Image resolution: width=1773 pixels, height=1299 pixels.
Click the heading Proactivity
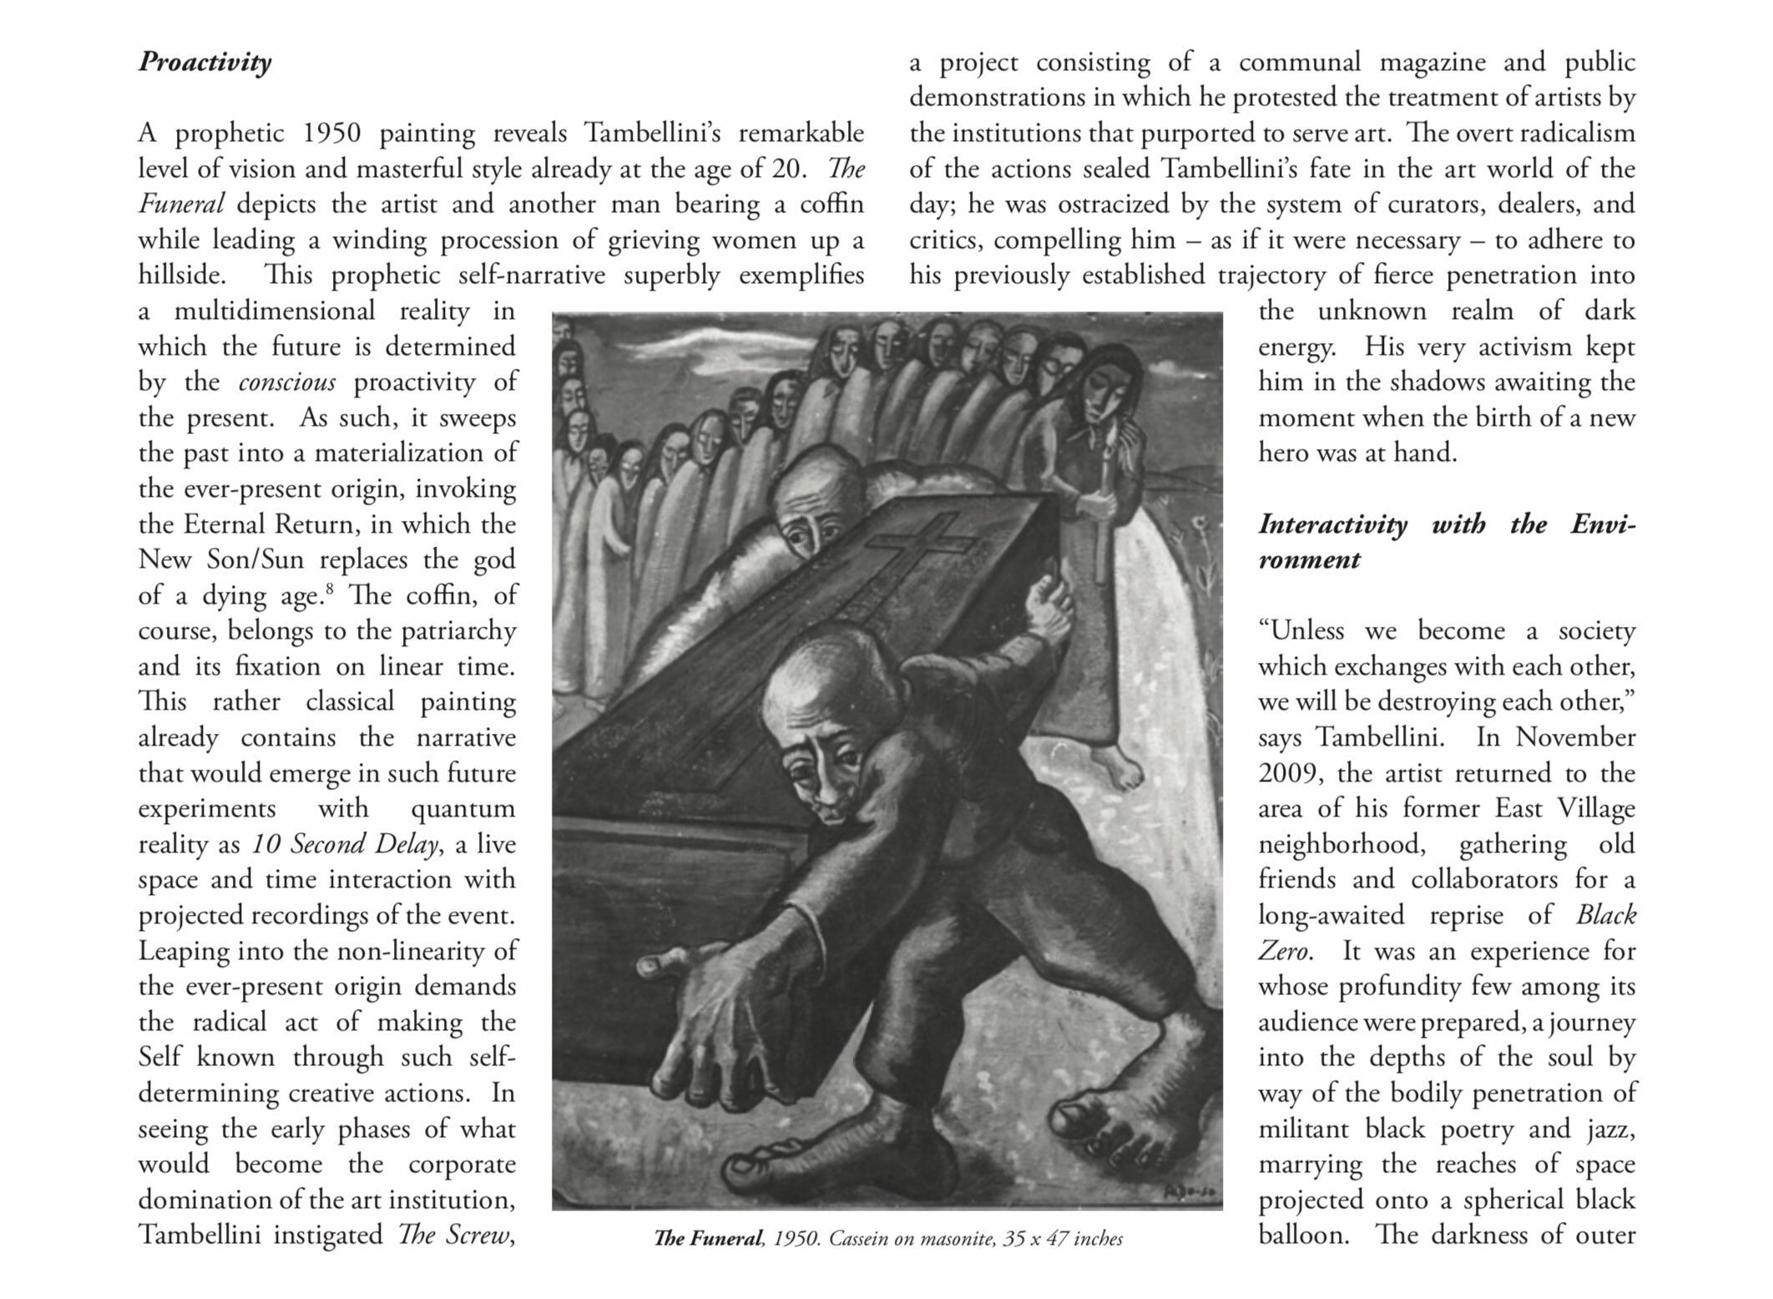coord(205,62)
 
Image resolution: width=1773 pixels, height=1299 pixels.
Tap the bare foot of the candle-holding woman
coord(1123,768)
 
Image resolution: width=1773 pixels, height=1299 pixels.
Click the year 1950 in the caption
coord(796,1239)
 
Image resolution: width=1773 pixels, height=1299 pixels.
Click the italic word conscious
coord(286,382)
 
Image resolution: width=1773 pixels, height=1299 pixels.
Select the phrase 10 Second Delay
coord(345,844)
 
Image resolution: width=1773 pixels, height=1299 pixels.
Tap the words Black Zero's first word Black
coord(1605,915)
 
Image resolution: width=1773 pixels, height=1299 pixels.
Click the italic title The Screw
coord(453,1235)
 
